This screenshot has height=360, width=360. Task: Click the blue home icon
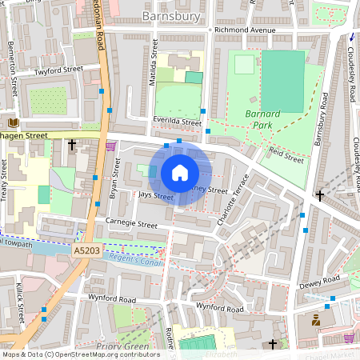click(180, 173)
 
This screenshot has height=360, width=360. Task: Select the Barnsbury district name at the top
click(172, 15)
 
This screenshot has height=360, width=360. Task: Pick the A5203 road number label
click(88, 250)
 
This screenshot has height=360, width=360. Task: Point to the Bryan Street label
click(114, 180)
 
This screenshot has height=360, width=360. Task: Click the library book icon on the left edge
click(13, 122)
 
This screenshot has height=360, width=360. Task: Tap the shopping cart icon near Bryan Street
click(110, 146)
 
